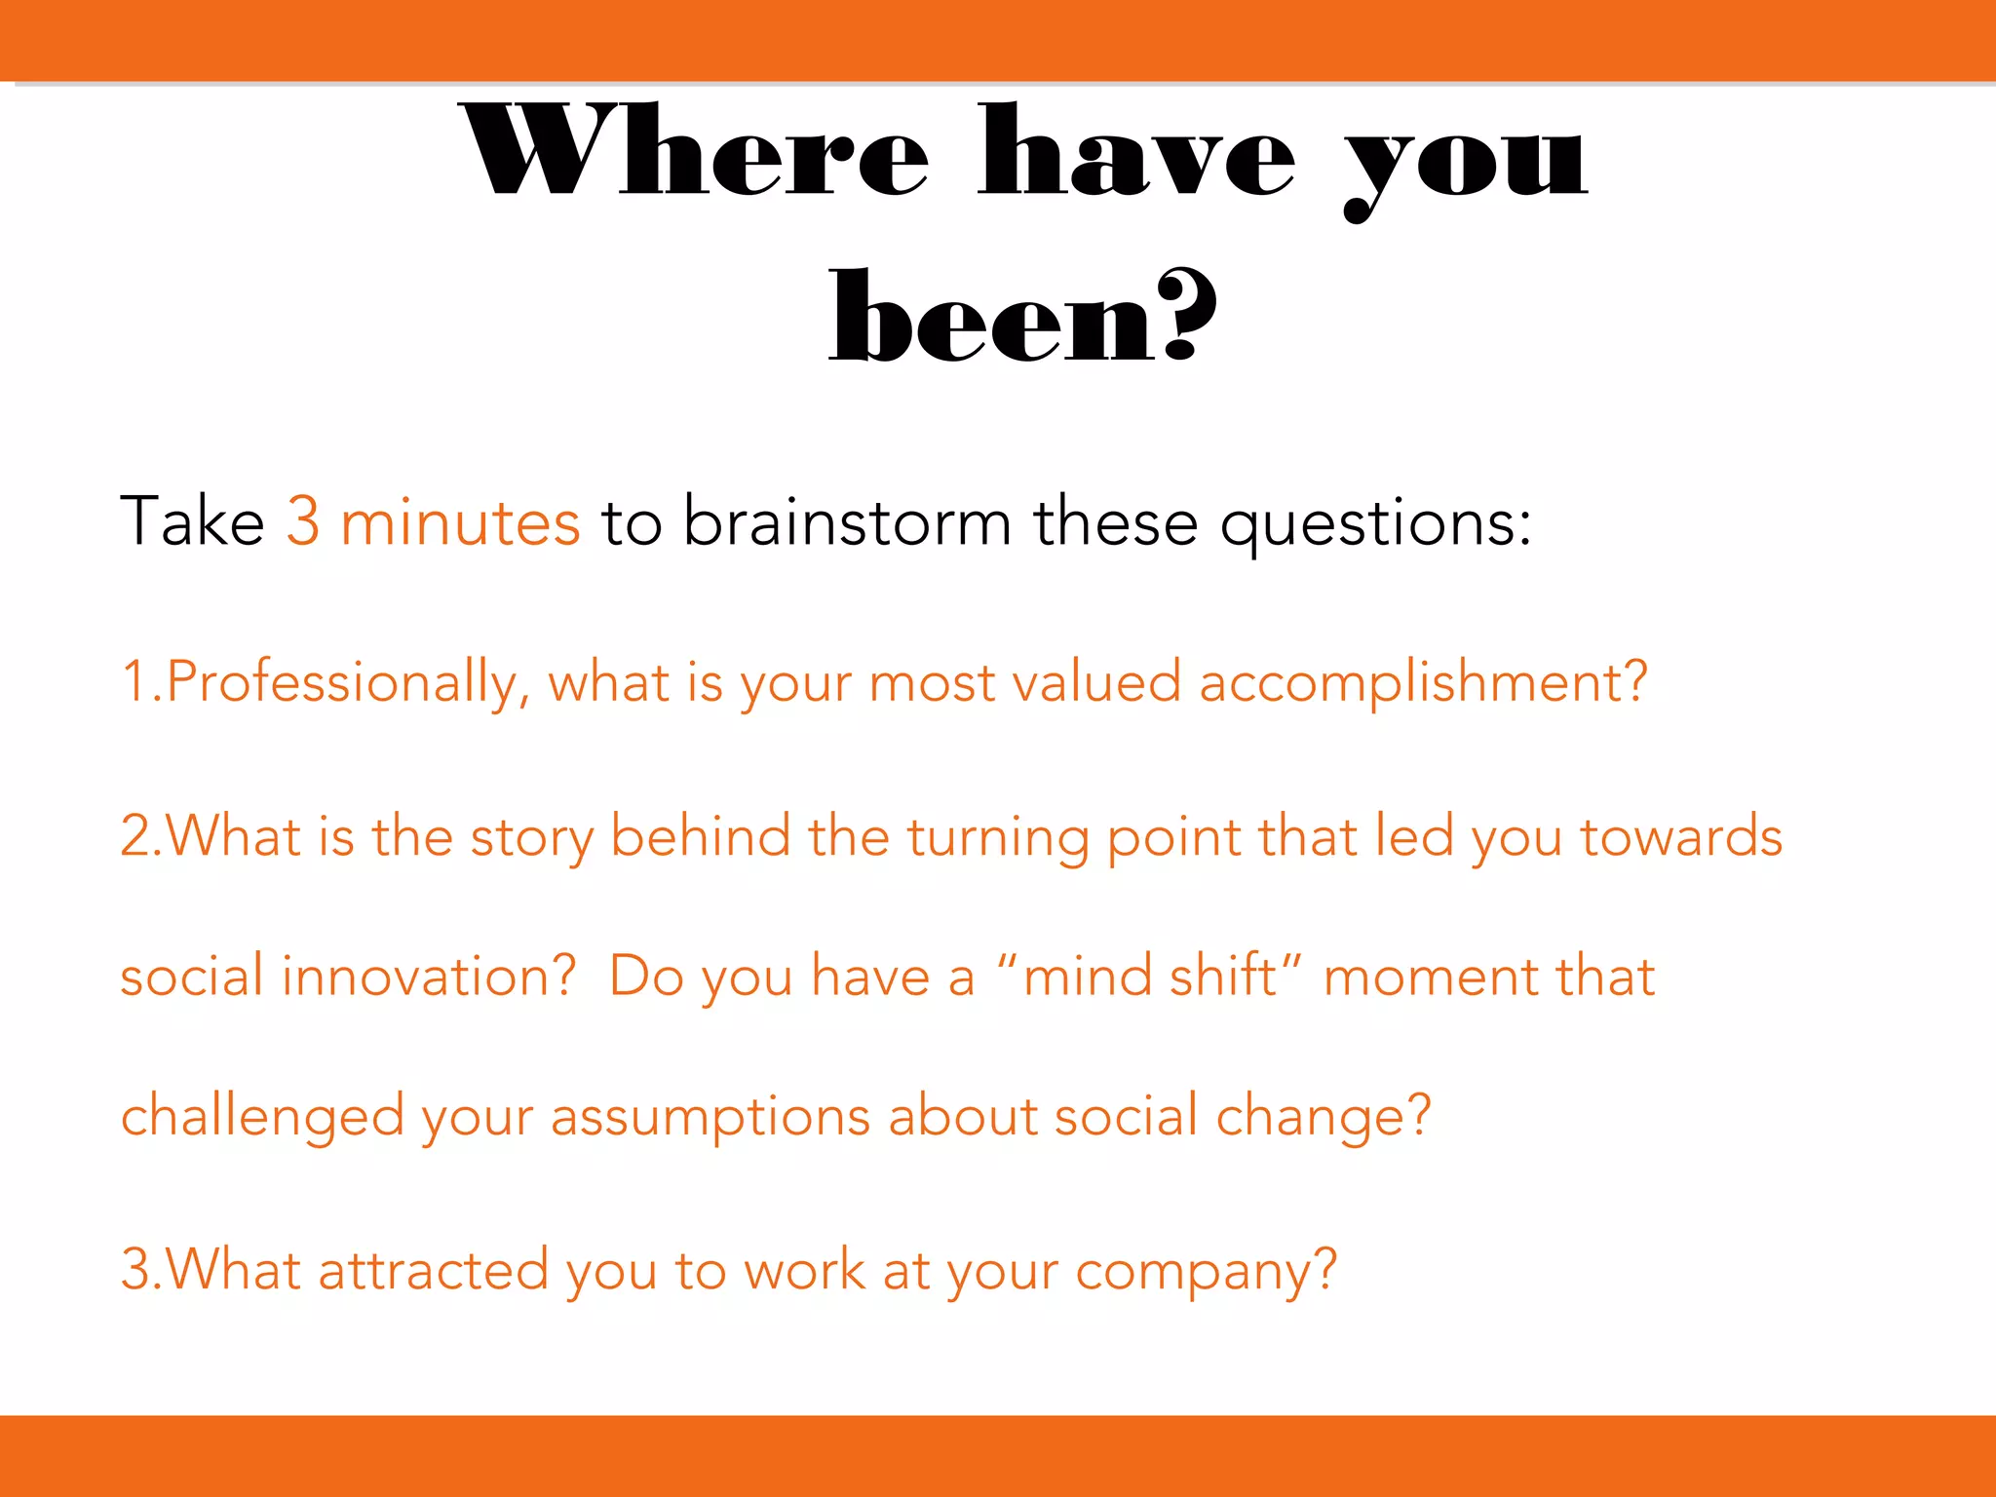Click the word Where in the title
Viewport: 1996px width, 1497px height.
(694, 153)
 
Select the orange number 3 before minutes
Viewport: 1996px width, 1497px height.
(303, 521)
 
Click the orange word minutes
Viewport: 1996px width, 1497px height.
(460, 521)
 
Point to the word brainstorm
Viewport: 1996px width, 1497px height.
(846, 521)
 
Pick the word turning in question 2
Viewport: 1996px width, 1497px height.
(997, 839)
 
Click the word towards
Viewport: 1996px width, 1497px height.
(1680, 837)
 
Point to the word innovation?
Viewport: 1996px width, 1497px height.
(429, 977)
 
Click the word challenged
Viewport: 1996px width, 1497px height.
(261, 1117)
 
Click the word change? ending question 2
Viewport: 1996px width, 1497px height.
(1323, 1117)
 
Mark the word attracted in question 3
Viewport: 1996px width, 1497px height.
(433, 1271)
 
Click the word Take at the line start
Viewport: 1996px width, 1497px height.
(192, 521)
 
